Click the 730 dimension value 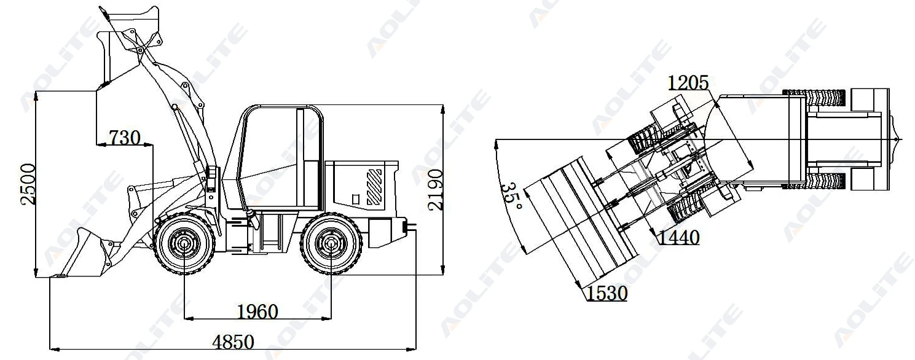[x=124, y=137]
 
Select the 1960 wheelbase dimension [x=257, y=311]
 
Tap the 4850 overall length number [x=233, y=342]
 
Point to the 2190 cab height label [x=436, y=190]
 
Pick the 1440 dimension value [x=678, y=237]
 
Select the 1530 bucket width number [x=607, y=294]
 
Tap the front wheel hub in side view [x=184, y=244]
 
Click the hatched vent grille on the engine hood [x=374, y=187]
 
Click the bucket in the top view [x=581, y=224]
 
